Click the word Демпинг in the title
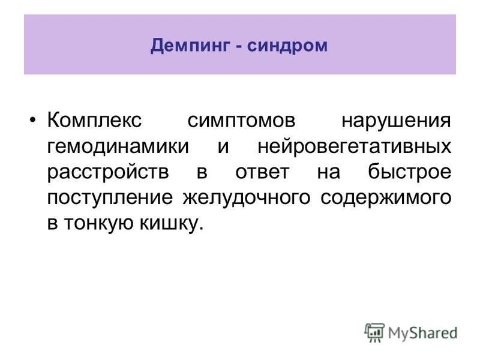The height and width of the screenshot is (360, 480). click(190, 46)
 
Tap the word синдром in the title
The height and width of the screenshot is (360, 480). click(287, 46)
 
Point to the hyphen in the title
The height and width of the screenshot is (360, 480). click(239, 47)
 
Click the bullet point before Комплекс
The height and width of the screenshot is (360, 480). click(33, 119)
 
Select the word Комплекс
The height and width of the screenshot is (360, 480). click(95, 120)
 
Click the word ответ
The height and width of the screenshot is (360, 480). click(262, 172)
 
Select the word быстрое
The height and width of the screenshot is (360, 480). click(410, 172)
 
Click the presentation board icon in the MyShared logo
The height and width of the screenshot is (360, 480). click(374, 332)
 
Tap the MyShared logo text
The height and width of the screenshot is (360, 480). click(423, 334)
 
